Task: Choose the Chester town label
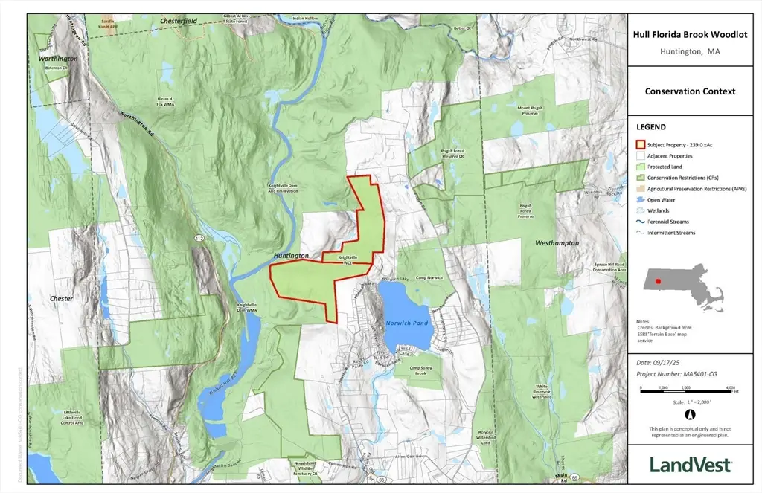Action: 61,298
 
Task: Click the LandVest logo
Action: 690,464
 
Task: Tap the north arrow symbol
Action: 690,415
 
